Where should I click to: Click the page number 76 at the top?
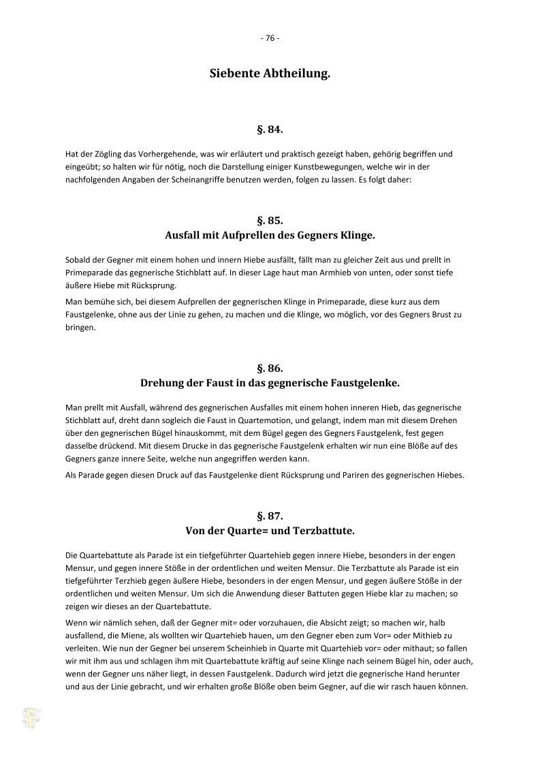[270, 38]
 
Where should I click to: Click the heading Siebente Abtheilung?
[270, 74]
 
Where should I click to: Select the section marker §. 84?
[270, 128]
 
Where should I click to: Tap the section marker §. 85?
[270, 221]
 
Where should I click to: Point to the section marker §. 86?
[270, 368]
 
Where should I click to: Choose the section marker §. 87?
[270, 516]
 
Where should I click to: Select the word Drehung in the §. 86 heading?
[163, 382]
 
